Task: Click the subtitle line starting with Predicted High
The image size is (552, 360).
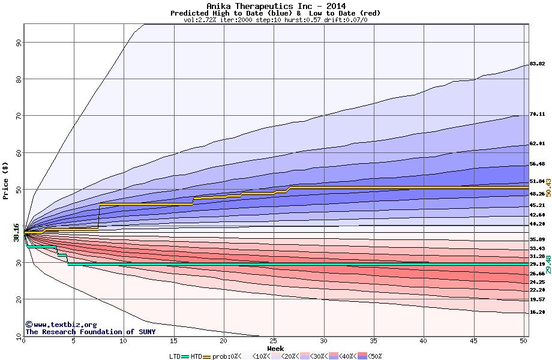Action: pos(275,13)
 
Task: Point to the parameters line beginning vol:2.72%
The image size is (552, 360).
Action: pos(275,20)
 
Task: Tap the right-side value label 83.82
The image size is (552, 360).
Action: pos(537,64)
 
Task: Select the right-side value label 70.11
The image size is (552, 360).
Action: pos(537,114)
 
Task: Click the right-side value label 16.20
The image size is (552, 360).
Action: pos(537,312)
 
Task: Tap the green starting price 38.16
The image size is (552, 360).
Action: pos(17,232)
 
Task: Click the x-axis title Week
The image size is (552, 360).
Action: pos(275,349)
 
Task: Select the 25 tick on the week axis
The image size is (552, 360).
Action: pos(274,341)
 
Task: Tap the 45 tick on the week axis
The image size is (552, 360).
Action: pos(473,341)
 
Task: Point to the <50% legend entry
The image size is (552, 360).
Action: pos(373,356)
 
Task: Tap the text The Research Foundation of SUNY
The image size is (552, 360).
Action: pos(90,332)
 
